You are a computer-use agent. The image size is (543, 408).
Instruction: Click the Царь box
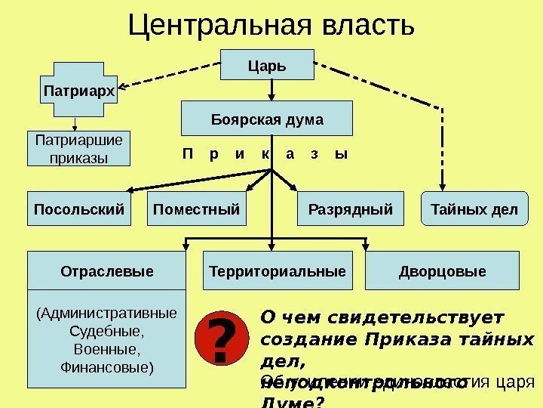click(x=267, y=65)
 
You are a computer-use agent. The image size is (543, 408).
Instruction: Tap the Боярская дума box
click(x=266, y=119)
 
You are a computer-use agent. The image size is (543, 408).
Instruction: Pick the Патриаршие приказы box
click(x=78, y=149)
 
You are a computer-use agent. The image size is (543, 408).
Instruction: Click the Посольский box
click(x=78, y=209)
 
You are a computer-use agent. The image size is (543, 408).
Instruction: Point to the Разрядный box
click(x=351, y=209)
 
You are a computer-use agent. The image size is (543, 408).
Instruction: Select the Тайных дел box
click(x=474, y=209)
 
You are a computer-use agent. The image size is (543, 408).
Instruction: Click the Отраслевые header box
click(x=106, y=270)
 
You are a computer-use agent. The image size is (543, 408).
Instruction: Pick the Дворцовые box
click(x=443, y=270)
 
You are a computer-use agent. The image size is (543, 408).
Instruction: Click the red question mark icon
click(x=220, y=341)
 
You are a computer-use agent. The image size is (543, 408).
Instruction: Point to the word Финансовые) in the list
click(x=106, y=369)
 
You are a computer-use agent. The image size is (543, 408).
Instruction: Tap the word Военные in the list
click(x=106, y=350)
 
